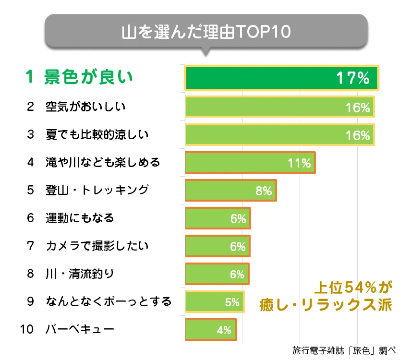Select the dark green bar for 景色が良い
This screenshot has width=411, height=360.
click(x=269, y=78)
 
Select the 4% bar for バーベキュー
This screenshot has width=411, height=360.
click(x=202, y=330)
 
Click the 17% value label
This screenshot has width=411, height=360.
click(x=352, y=78)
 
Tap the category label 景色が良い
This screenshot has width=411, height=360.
click(x=88, y=78)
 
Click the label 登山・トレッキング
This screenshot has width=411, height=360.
click(x=97, y=191)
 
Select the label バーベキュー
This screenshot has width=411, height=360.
click(x=80, y=330)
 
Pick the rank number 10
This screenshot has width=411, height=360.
click(x=28, y=330)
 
